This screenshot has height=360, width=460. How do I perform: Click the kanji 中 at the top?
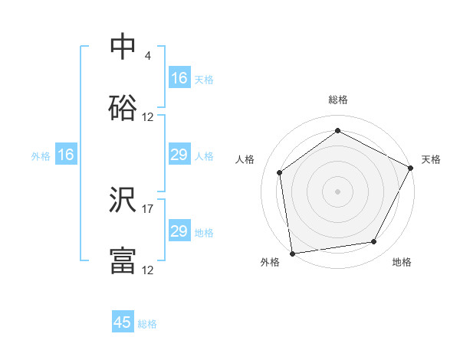click(x=123, y=47)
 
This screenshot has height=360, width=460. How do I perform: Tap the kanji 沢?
click(x=123, y=201)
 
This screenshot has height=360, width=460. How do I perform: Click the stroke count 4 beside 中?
click(x=148, y=56)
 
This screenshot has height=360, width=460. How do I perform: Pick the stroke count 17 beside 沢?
click(x=148, y=209)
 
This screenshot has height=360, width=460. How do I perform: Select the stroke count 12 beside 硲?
click(x=148, y=117)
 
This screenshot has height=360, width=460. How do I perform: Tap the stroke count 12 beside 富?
click(x=148, y=270)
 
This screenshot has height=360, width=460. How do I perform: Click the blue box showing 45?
click(x=123, y=322)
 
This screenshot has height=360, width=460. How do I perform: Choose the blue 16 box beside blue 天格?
click(x=179, y=78)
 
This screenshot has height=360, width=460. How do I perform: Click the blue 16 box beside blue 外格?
click(x=66, y=155)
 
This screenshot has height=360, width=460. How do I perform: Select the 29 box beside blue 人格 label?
click(x=179, y=155)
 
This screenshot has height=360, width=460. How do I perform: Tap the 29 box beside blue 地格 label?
click(x=179, y=231)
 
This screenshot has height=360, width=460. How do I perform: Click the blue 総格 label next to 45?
click(x=147, y=324)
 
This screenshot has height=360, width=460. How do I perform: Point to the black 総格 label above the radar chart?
click(x=338, y=100)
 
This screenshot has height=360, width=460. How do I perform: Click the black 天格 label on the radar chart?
click(x=431, y=159)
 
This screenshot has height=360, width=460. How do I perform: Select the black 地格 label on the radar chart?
click(x=402, y=262)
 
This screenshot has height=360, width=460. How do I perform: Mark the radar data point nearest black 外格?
click(x=292, y=253)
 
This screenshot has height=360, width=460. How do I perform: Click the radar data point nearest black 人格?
click(x=280, y=172)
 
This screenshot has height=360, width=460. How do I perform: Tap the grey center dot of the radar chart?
click(x=338, y=191)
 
